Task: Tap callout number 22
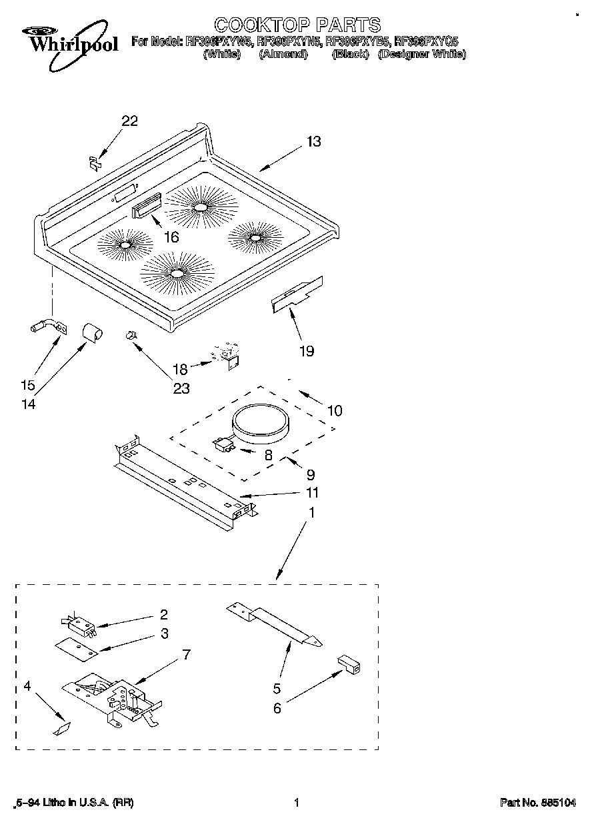129,121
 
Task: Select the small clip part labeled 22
94,161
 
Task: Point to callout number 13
313,141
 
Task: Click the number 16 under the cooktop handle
171,236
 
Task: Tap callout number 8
268,456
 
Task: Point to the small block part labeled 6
349,664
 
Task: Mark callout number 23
181,388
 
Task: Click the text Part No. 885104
537,803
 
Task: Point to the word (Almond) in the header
283,55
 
